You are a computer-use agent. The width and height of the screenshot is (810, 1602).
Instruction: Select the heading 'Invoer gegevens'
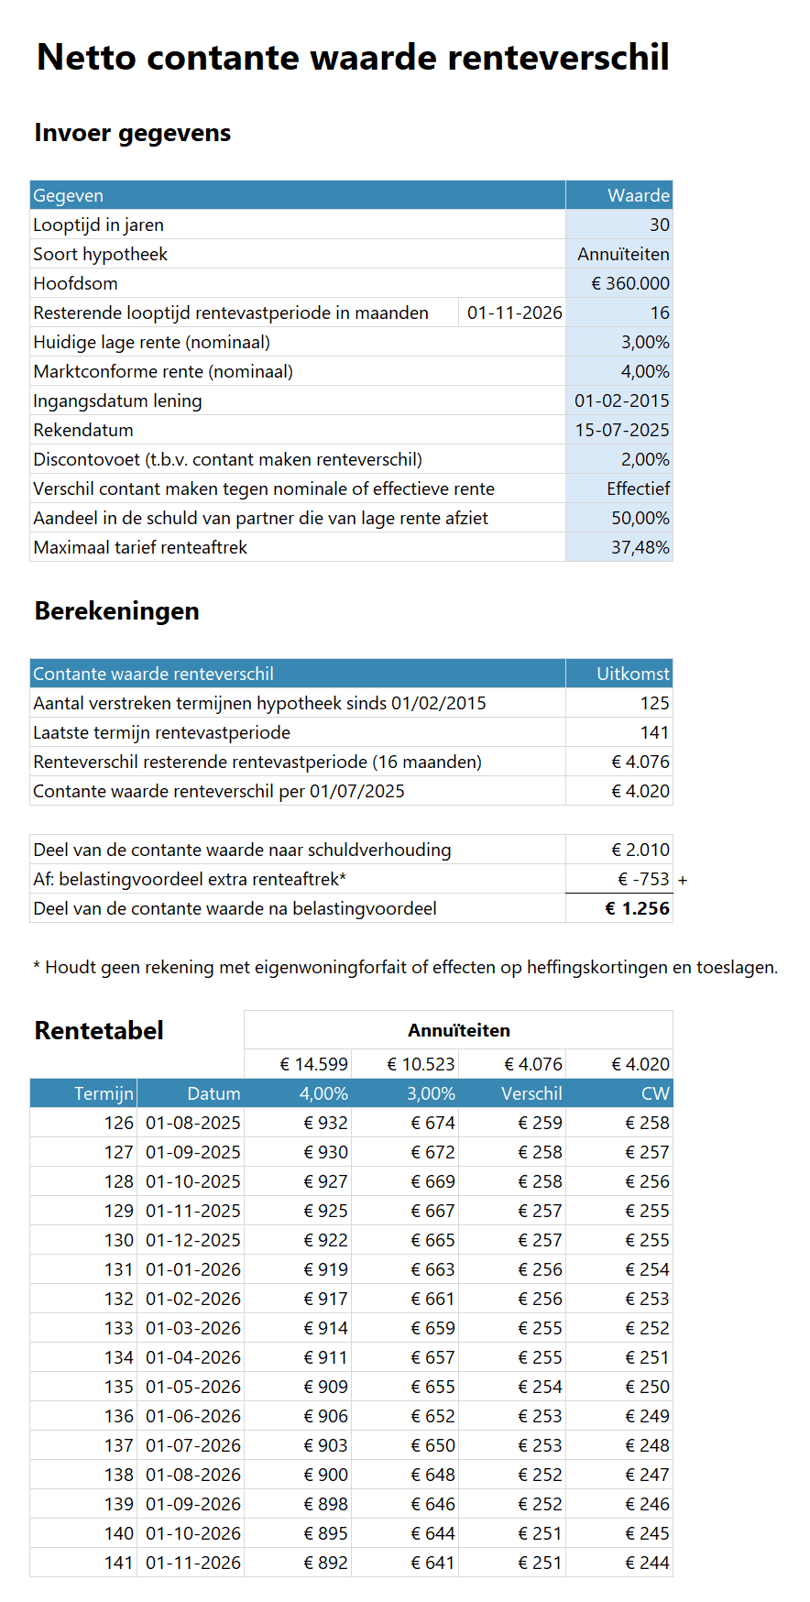133,133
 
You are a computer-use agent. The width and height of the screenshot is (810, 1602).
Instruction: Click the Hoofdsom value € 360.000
630,283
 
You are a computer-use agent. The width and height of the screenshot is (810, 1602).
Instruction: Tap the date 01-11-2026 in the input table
514,313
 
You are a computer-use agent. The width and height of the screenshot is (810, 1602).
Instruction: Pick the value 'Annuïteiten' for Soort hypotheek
623,254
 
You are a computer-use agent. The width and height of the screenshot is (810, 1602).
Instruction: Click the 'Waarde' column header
638,195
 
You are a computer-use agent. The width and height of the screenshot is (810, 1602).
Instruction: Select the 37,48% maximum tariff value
640,547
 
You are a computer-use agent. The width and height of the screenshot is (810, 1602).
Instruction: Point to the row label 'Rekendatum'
83,430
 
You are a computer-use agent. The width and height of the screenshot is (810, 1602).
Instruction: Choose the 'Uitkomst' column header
632,674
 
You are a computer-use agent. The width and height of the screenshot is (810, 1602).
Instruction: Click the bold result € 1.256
637,908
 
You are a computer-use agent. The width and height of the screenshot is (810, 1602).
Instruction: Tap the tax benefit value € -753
643,879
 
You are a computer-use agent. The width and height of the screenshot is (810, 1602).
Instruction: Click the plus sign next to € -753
683,880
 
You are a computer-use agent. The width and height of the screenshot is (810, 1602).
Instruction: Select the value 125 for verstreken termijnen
654,703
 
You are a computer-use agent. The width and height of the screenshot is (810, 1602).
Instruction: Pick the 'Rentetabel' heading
99,1030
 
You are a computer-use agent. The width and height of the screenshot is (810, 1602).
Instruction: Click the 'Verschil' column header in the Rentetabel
531,1093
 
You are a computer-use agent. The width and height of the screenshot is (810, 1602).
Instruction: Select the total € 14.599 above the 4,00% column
313,1064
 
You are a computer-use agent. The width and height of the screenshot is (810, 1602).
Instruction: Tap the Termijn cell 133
118,1328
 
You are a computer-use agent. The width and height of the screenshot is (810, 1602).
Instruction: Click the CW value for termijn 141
647,1563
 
